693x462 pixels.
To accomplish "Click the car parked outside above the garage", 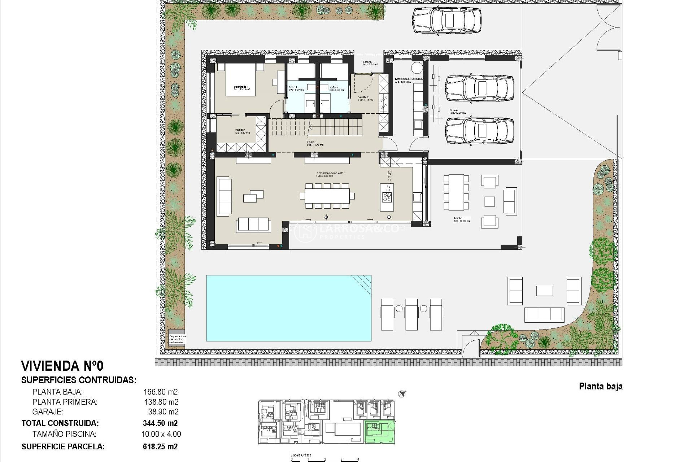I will coord(446,21).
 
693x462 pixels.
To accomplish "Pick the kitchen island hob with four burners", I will coord(387,197).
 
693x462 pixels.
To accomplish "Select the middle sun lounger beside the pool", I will coord(411,314).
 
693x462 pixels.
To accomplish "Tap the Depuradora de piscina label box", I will coord(177,339).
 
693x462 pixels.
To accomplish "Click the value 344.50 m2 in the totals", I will coord(160,423).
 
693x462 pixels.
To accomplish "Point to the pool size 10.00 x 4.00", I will coord(161,434).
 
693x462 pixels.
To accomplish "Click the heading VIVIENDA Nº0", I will coord(62,366).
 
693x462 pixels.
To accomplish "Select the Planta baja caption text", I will coord(601,386).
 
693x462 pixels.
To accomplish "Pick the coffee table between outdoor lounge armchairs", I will coord(544,291).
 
